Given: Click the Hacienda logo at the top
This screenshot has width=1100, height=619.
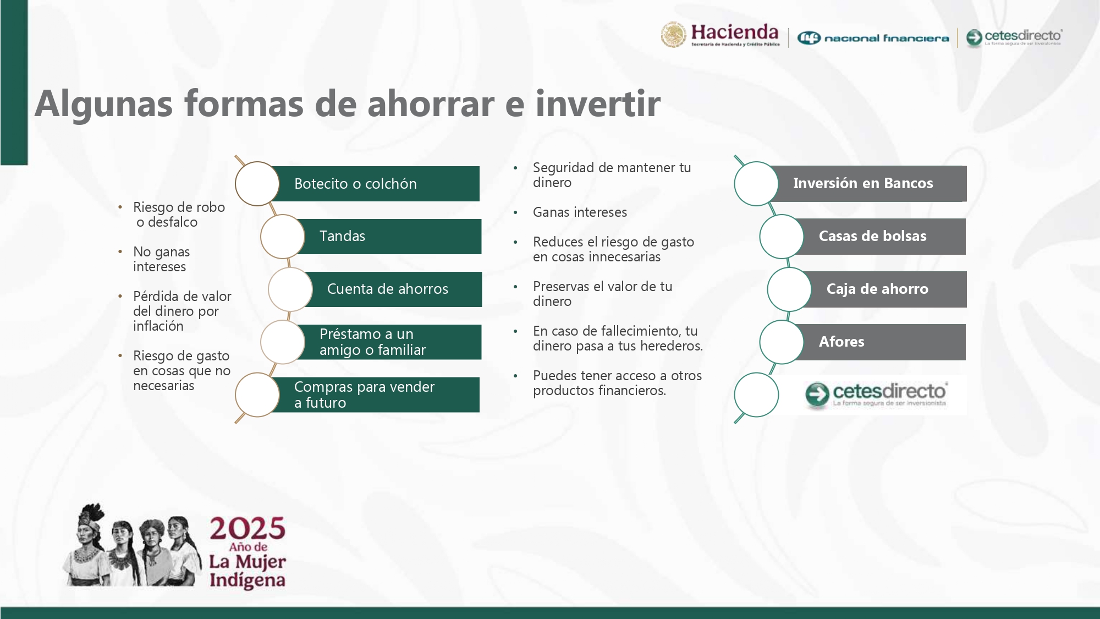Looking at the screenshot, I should coord(721,36).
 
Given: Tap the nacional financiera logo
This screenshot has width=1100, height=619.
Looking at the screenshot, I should coord(873,38).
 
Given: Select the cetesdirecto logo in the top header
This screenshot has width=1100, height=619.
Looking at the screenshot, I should coord(1014,37).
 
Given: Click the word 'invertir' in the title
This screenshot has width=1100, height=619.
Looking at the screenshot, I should coord(598,103).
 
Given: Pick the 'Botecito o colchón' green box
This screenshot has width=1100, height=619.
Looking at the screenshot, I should coord(374,184).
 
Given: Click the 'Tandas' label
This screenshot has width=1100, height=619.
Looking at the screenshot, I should coord(342,237).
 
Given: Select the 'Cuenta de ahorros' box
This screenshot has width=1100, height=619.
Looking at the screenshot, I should coord(388,289).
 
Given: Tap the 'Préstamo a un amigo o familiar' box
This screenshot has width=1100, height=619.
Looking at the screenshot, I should coord(374,342).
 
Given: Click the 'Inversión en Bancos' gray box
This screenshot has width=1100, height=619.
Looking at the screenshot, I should coord(863,184).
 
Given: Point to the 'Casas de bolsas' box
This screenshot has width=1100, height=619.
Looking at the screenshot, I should coord(872,237).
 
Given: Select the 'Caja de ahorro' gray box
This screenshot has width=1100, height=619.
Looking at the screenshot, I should coord(877,289).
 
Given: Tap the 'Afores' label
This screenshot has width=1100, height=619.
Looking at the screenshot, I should coord(842,342).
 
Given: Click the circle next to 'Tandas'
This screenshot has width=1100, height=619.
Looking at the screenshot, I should coord(283,237).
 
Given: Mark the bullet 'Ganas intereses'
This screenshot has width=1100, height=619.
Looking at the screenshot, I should coord(580,212).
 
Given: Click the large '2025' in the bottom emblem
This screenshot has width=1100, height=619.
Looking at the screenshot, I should coord(248,528).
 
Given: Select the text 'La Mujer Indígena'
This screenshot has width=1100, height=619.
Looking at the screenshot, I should coord(248,571).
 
